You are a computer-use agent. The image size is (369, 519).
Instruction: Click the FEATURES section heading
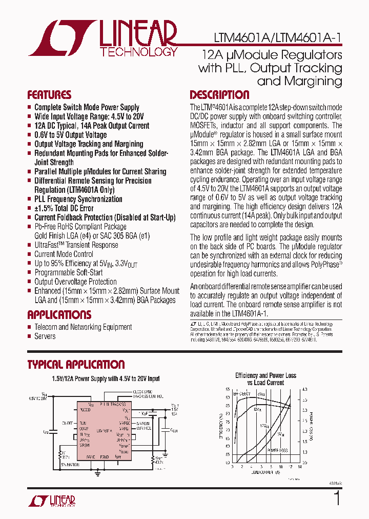click(49, 95)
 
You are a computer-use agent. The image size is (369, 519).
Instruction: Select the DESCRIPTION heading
click(219, 95)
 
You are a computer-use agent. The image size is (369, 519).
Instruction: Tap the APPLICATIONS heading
click(59, 314)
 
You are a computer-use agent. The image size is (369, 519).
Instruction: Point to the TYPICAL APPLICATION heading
click(76, 365)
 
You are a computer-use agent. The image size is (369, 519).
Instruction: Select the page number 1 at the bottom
click(337, 498)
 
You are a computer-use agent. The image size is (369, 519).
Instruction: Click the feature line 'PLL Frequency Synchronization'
click(78, 199)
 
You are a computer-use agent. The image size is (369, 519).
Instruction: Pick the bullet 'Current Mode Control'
click(64, 254)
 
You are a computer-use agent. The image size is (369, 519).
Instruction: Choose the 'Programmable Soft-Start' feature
click(68, 272)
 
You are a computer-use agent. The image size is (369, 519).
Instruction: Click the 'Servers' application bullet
click(45, 336)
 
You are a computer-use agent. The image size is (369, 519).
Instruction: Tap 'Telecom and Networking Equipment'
click(83, 327)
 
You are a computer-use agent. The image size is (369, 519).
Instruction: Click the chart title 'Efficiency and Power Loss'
click(265, 375)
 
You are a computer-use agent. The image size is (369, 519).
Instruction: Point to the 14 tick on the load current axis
click(300, 467)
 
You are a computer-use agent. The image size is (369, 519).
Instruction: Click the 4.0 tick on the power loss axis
click(304, 389)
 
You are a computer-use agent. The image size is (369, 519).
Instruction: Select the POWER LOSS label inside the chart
click(277, 449)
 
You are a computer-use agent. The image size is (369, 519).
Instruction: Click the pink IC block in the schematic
click(104, 431)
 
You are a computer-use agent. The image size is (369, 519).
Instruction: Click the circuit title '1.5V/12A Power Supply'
click(106, 379)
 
